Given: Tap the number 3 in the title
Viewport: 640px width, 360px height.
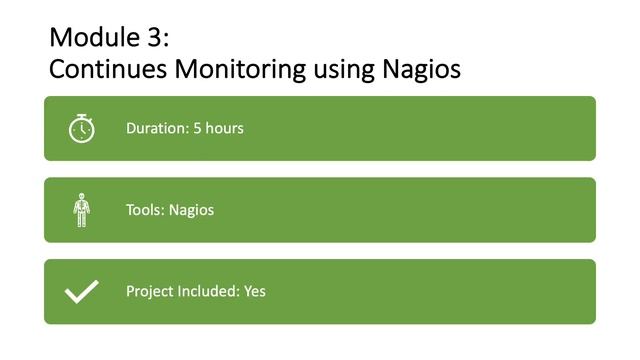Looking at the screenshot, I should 158,38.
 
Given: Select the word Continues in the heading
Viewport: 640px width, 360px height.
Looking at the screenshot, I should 107,70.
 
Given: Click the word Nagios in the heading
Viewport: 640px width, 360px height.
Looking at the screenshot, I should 423,70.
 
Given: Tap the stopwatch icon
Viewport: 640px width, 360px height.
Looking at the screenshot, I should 82,129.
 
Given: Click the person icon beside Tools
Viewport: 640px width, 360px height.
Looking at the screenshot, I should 82,210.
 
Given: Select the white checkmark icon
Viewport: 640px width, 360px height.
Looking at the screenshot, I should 82,291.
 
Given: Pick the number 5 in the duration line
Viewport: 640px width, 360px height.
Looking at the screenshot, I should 198,128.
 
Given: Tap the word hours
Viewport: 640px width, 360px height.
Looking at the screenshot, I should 225,128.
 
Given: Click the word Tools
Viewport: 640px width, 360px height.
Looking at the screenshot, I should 144,210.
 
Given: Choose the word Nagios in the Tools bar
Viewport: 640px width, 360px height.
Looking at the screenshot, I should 191,210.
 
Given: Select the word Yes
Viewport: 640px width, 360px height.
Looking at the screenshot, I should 255,292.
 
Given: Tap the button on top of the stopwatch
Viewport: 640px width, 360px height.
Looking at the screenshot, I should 82,116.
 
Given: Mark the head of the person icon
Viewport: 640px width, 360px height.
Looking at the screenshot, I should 82,198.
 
